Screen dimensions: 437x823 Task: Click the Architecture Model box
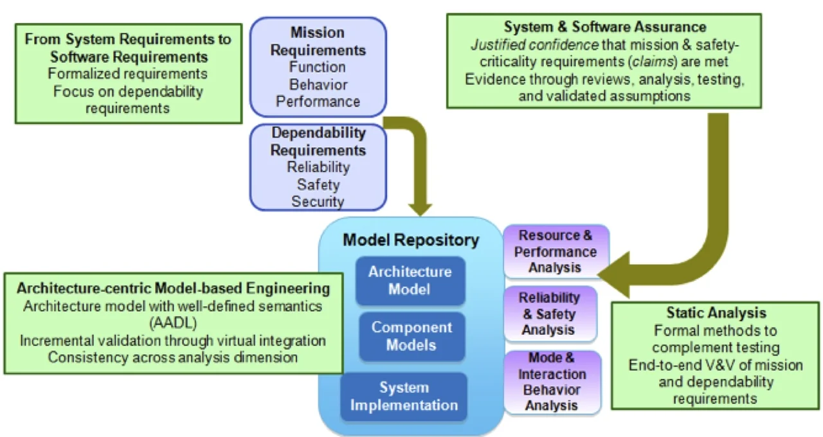(x=410, y=281)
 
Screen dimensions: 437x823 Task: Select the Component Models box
(x=410, y=336)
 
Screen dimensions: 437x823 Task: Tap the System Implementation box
(x=404, y=397)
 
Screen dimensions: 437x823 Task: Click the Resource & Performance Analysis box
(x=556, y=251)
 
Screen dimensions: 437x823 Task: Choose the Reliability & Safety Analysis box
(x=549, y=314)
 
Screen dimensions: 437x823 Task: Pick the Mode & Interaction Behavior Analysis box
(x=552, y=382)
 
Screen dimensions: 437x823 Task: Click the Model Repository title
(x=410, y=240)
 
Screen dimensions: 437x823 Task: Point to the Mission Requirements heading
(x=318, y=41)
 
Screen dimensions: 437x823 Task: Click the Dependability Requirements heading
(x=318, y=142)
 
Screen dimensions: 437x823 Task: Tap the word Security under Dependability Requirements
(x=318, y=201)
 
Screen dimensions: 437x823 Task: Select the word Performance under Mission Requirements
(x=318, y=102)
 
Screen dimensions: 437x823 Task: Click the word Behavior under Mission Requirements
(x=318, y=84)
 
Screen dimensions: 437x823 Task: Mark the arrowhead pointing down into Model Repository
(x=421, y=207)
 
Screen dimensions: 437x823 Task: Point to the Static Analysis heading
(x=716, y=313)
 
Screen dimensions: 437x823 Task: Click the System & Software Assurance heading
(x=604, y=27)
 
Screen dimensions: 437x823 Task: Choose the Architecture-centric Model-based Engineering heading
(x=173, y=287)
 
